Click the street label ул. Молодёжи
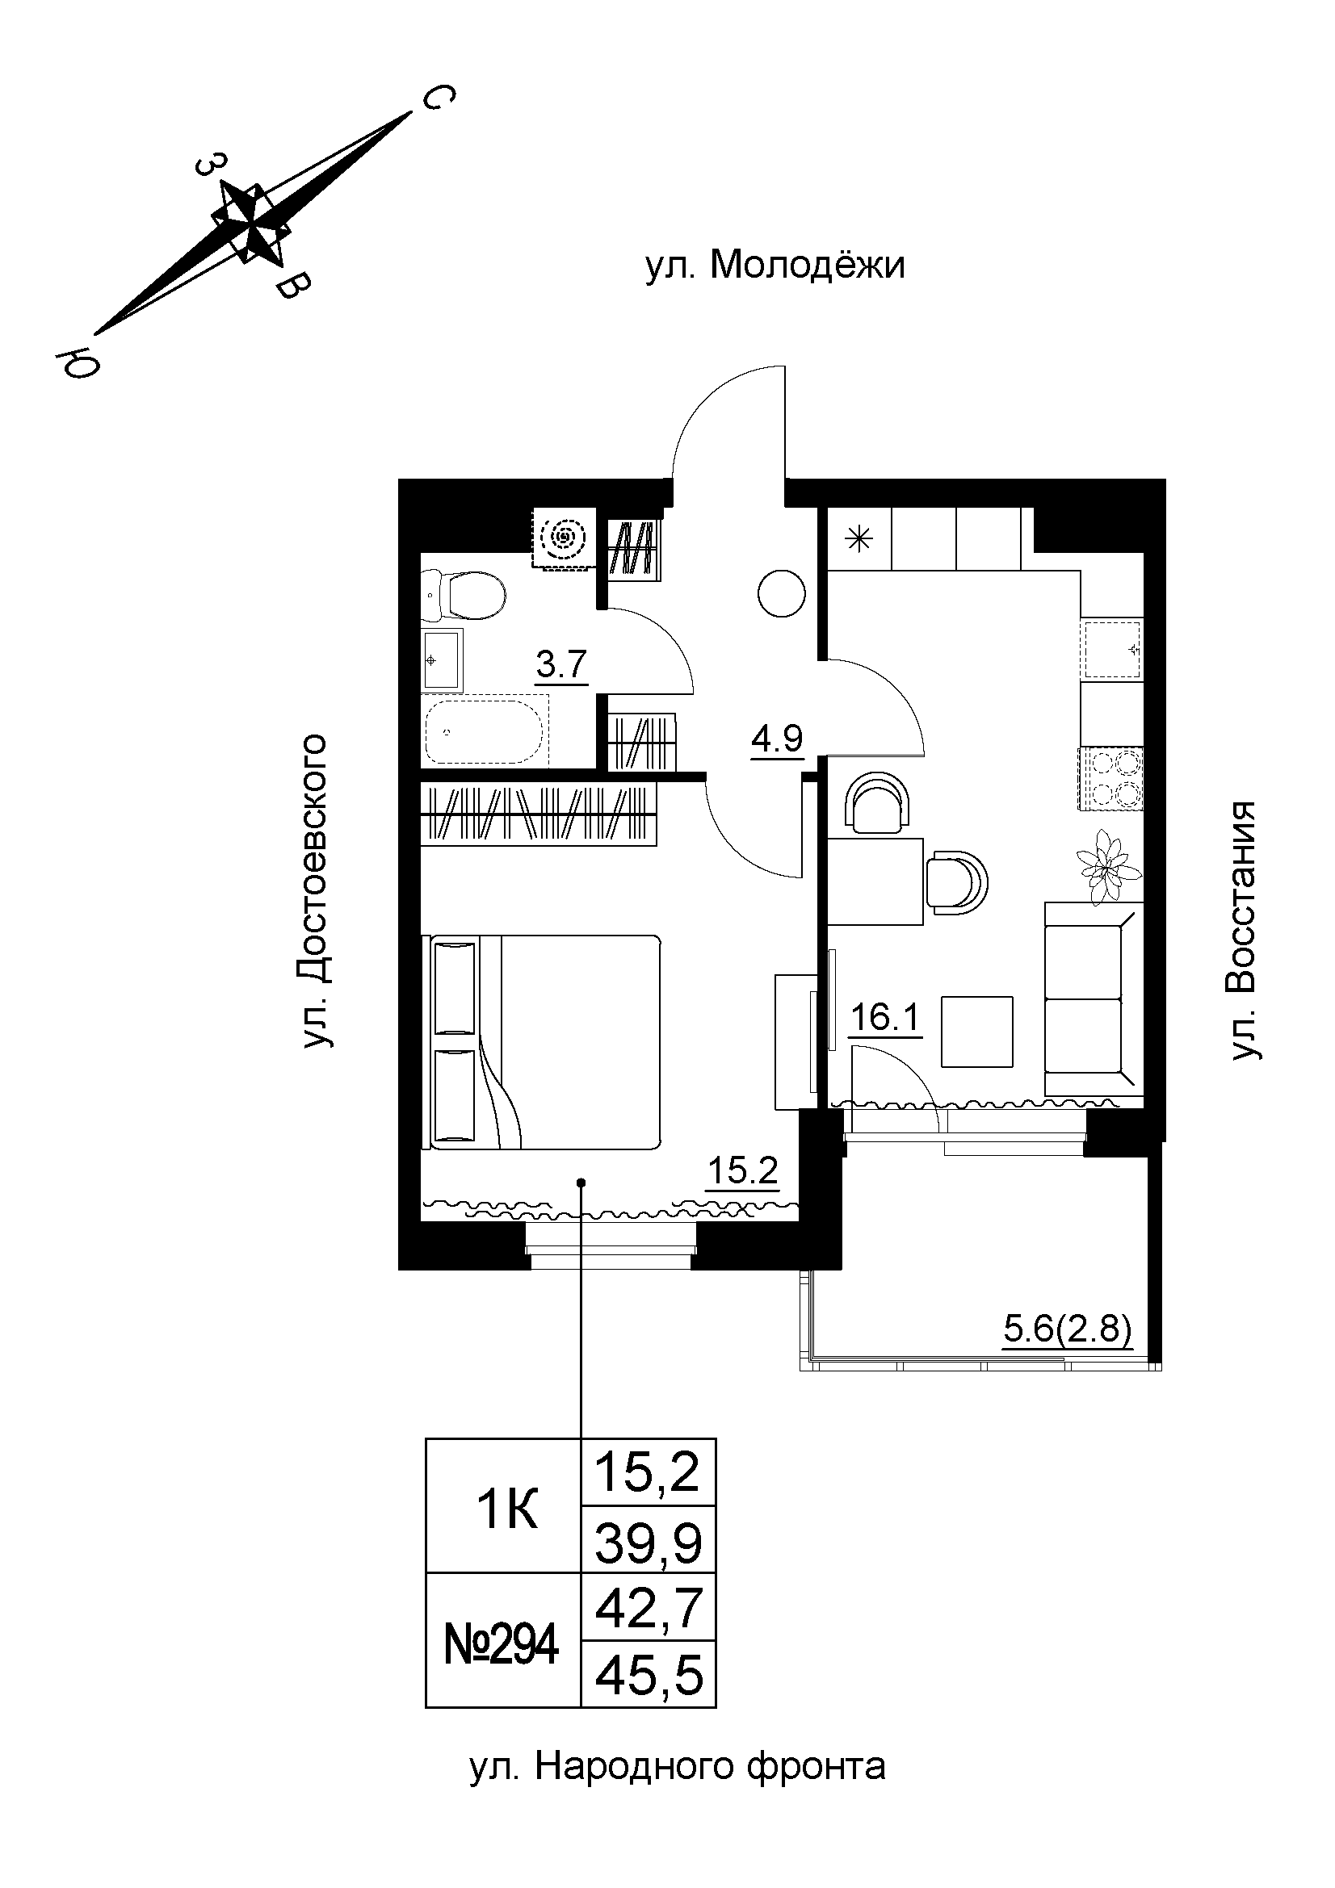775,266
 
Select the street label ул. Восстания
1245,931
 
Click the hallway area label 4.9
776,739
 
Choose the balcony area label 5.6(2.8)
1068,1329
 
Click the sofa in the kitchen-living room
1094,999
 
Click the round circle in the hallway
781,594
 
